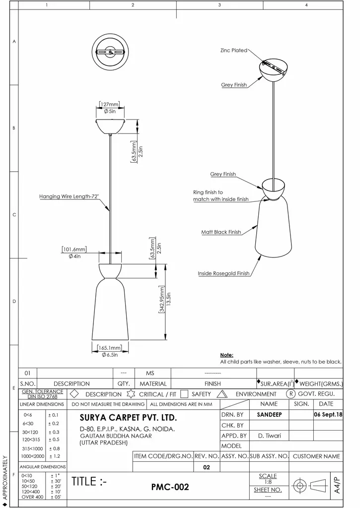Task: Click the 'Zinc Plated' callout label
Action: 233,51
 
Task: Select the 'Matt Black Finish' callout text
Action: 221,232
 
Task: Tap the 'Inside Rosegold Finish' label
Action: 223,273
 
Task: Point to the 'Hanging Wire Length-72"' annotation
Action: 69,197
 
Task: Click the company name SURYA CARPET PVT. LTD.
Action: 128,418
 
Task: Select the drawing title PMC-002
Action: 170,487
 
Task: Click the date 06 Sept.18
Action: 328,414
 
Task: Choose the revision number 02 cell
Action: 207,467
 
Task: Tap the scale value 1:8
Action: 268,482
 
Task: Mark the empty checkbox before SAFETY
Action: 184,394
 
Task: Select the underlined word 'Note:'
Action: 226,355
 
